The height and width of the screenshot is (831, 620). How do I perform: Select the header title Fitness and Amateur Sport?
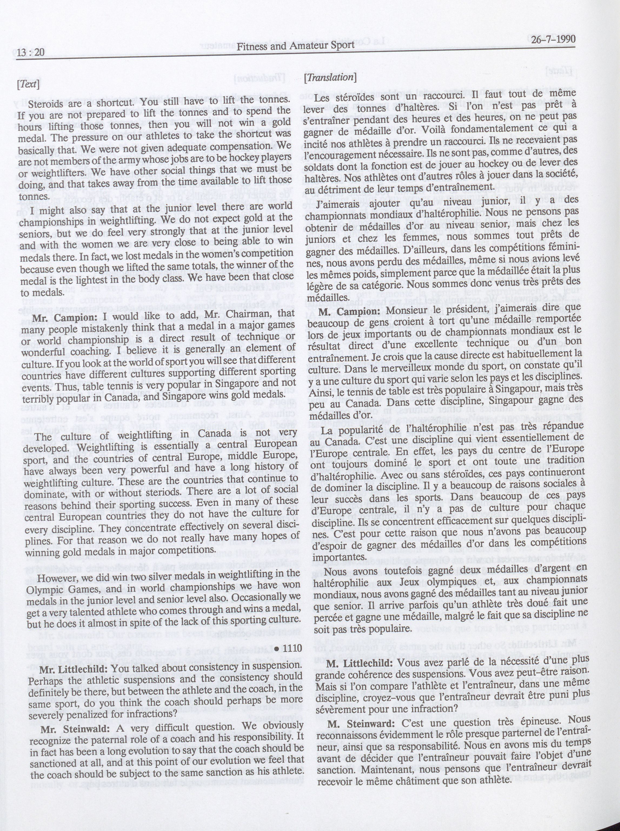[x=296, y=45]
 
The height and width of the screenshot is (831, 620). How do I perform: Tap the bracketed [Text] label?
[x=28, y=84]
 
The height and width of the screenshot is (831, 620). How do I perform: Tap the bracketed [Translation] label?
[x=330, y=77]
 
